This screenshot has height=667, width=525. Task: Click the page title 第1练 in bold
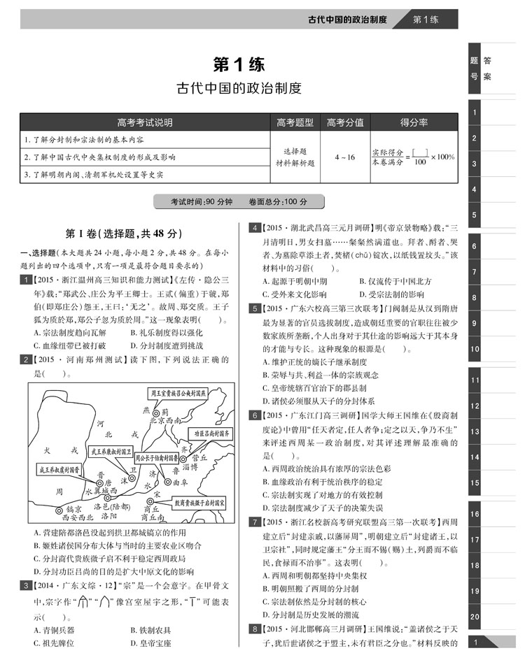pos(239,65)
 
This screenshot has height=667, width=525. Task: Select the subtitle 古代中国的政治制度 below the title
pos(239,89)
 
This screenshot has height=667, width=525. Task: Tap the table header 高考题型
pos(295,122)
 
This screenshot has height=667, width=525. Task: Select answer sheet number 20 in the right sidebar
pos(475,616)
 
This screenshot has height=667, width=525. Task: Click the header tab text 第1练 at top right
pos(425,19)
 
